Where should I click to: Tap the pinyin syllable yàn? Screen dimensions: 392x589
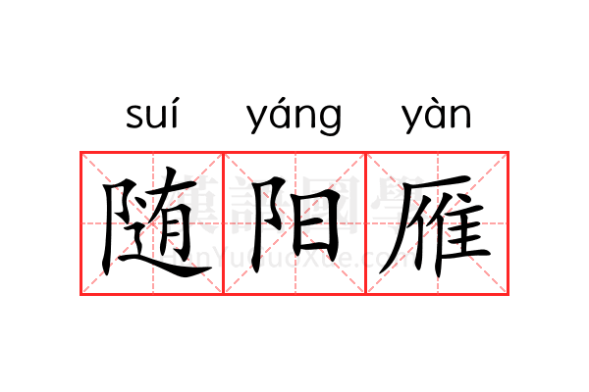coord(437,117)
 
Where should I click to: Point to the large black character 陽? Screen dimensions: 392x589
coord(294,223)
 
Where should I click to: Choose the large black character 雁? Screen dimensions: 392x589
coord(437,223)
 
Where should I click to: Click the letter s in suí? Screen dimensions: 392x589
coord(135,118)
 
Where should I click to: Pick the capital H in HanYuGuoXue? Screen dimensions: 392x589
coord(177,258)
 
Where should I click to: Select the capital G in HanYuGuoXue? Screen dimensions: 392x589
coord(259,258)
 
